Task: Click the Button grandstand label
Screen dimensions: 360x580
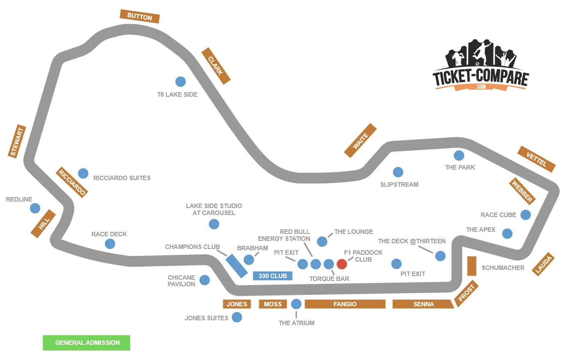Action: [139, 16]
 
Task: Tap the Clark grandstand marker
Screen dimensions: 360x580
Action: [215, 66]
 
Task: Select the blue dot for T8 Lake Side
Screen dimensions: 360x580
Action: [180, 82]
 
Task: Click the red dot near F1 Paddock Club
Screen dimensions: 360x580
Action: [342, 264]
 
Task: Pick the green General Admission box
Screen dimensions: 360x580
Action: [86, 343]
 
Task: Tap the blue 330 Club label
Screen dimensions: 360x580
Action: [272, 276]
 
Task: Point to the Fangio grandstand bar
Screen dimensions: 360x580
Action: [345, 304]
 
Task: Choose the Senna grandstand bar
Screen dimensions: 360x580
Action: [423, 304]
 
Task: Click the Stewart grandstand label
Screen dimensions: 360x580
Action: [17, 141]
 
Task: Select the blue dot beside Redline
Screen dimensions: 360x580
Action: [35, 208]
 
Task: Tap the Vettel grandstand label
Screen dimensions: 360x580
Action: [536, 159]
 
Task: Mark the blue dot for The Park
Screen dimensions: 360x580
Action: [459, 156]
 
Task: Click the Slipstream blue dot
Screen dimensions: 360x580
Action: [398, 172]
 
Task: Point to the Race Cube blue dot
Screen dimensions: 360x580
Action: [526, 215]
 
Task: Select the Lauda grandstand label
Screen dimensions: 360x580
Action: [544, 264]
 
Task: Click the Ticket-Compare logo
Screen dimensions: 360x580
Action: [480, 66]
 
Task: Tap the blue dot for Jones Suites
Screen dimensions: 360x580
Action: [237, 317]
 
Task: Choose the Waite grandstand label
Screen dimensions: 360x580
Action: [360, 140]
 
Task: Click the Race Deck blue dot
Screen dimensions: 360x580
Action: [110, 244]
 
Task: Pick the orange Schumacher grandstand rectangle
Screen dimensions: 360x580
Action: [471, 266]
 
